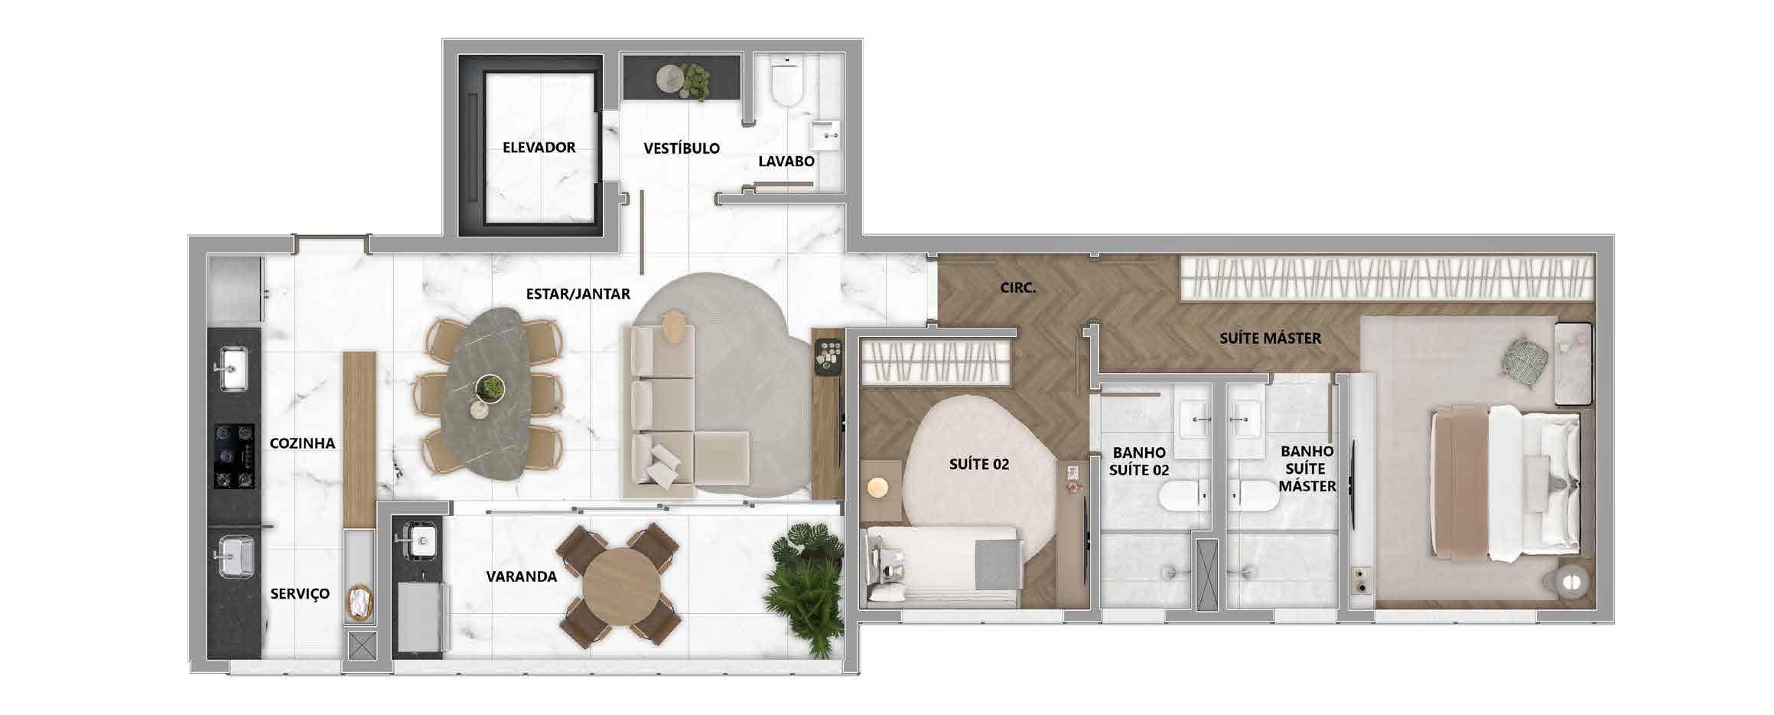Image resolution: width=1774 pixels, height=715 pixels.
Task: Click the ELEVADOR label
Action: click(x=539, y=147)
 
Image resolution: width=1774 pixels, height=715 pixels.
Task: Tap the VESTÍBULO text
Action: click(x=682, y=148)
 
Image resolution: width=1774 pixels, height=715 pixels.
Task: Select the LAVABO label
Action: click(x=786, y=161)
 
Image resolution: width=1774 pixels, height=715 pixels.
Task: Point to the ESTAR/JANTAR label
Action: click(x=578, y=293)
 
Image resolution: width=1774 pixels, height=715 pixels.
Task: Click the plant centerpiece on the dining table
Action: click(x=490, y=387)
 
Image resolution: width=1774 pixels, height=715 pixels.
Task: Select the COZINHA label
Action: click(x=302, y=442)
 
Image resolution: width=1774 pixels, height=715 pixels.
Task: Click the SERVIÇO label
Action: click(x=300, y=593)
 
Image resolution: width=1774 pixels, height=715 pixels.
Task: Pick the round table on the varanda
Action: click(x=620, y=586)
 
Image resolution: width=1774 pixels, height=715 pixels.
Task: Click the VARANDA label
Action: click(x=522, y=576)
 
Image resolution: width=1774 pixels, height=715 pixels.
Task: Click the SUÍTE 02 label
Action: click(x=979, y=464)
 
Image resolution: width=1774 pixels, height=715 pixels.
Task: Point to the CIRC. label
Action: click(x=1018, y=288)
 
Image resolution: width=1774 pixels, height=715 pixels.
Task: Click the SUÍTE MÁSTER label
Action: click(x=1270, y=338)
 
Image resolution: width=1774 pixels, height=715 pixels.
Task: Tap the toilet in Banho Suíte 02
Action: click(x=1183, y=496)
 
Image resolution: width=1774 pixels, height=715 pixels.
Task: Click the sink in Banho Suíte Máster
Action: click(x=1245, y=419)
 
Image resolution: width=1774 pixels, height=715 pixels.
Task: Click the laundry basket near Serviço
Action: click(x=359, y=603)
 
